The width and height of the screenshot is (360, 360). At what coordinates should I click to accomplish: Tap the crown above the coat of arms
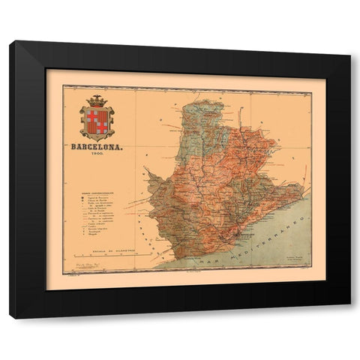98,100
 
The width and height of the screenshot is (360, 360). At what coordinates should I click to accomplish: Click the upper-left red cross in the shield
94,114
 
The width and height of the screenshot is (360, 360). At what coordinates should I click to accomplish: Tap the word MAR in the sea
208,259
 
